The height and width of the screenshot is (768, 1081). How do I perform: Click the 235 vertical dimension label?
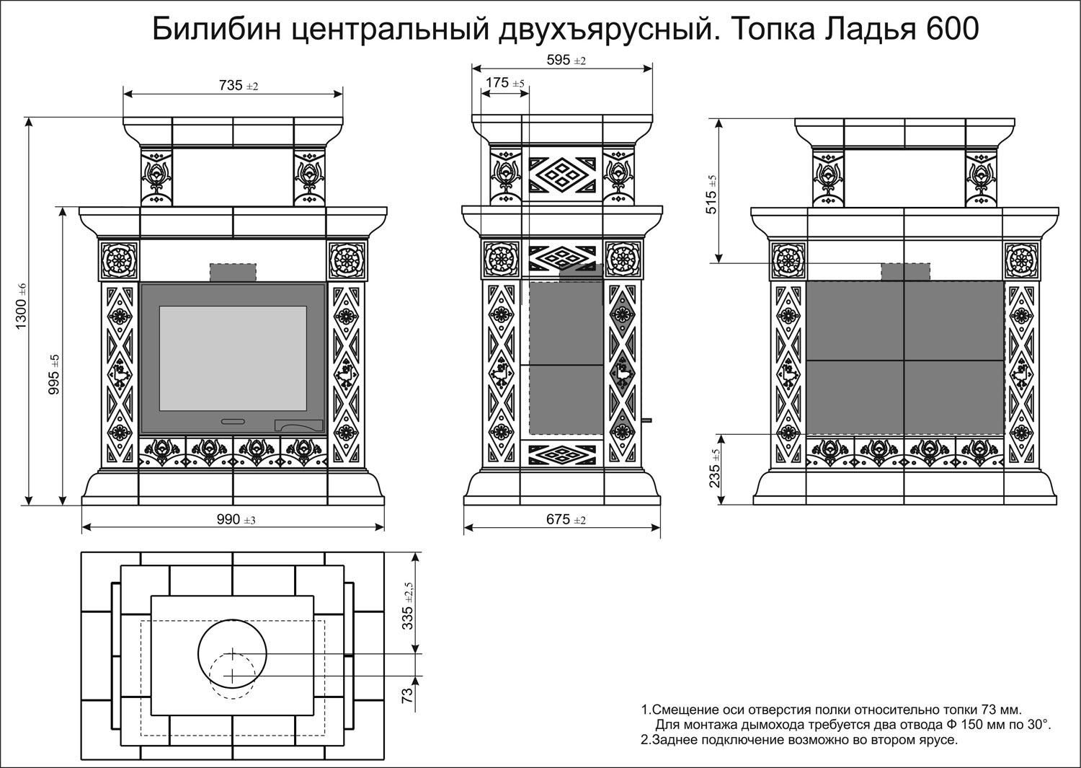coord(714,469)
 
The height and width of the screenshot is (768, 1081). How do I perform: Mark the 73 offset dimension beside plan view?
coord(407,696)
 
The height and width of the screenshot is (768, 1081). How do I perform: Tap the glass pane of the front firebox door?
coord(232,358)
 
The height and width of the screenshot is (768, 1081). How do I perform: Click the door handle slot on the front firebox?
coord(232,420)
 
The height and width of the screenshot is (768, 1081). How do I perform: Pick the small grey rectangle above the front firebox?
coord(233,273)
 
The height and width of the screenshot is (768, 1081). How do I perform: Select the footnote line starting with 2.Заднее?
coord(798,740)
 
